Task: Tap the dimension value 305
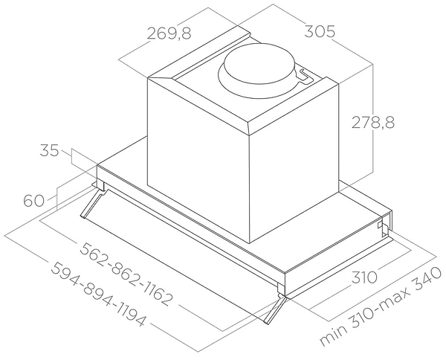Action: pos(320,32)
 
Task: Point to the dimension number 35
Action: pos(50,152)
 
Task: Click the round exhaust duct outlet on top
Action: pos(255,65)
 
